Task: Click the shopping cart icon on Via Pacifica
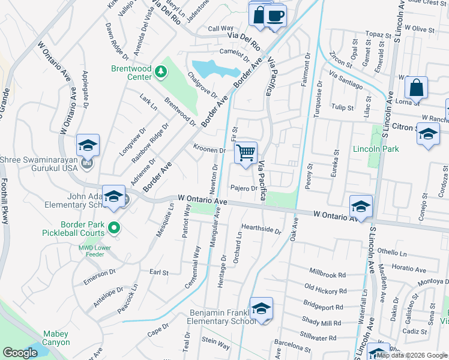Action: point(246,152)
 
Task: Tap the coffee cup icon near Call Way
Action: point(276,16)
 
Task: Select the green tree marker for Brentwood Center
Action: point(160,73)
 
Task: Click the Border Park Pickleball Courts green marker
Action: point(115,227)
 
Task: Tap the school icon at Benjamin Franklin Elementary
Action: point(261,308)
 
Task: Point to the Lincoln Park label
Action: point(376,149)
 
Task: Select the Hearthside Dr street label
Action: point(261,229)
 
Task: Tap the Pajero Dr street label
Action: point(244,188)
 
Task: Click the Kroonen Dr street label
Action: point(209,150)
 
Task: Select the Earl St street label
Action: point(159,272)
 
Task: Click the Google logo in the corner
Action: point(20,353)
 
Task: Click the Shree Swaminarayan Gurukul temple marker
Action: point(88,163)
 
